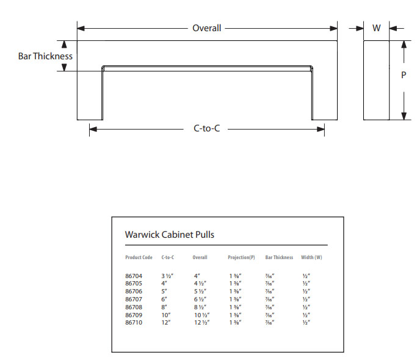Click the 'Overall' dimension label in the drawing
click(206, 28)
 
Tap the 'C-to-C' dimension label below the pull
click(206, 128)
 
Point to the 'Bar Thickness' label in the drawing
click(45, 56)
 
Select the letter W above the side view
click(376, 28)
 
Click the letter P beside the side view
click(404, 75)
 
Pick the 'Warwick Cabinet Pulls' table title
click(169, 234)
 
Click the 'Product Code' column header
click(139, 257)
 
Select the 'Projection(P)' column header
click(241, 257)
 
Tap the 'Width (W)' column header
click(311, 257)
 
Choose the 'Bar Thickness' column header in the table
click(279, 257)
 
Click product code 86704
click(134, 276)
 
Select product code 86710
click(134, 321)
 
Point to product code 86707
click(134, 299)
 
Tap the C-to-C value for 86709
click(166, 314)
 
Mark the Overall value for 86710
click(203, 321)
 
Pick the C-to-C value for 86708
click(165, 307)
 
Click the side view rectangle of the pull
click(376, 80)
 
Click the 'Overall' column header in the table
click(200, 257)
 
